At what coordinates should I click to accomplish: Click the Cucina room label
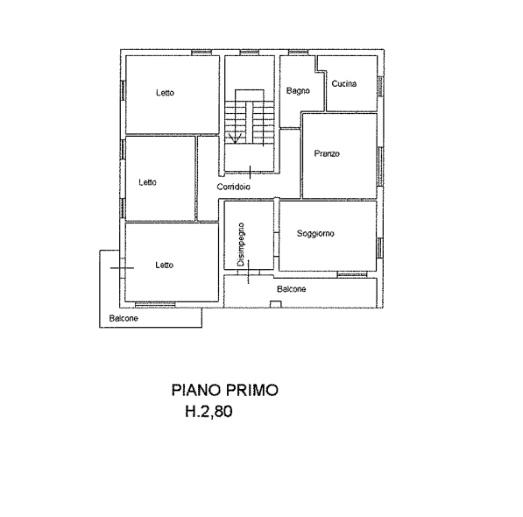344,83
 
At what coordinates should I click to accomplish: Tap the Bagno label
298,91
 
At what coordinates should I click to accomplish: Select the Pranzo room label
327,153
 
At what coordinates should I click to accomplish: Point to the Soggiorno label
315,233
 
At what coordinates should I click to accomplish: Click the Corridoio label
234,187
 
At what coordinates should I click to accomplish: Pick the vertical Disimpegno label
241,244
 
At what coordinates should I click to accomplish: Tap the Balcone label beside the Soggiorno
292,289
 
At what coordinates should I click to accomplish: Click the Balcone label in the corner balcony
124,318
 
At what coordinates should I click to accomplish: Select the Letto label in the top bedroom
165,93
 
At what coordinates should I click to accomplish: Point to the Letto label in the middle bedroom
148,182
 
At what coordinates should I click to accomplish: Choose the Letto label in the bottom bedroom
165,266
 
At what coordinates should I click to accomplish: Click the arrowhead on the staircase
235,138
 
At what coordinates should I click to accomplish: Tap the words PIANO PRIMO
225,390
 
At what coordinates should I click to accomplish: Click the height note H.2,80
208,411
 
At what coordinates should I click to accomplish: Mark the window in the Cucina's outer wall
380,87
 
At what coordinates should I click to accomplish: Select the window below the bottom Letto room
155,304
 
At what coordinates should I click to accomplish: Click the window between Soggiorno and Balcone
352,274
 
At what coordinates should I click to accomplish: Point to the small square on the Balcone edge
275,304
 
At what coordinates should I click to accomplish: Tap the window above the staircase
250,52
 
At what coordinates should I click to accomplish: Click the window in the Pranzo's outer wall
380,166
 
